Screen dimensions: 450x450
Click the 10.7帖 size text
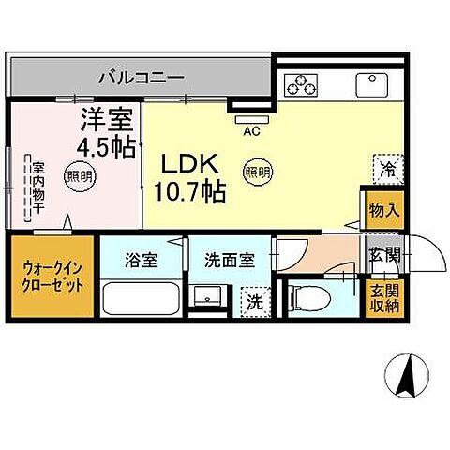pyautogui.click(x=188, y=192)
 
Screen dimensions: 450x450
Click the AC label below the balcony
pyautogui.click(x=250, y=132)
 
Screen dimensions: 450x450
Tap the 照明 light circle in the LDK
pyautogui.click(x=254, y=172)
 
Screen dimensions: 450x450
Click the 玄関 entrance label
pyautogui.click(x=383, y=254)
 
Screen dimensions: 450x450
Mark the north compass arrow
pyautogui.click(x=408, y=376)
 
